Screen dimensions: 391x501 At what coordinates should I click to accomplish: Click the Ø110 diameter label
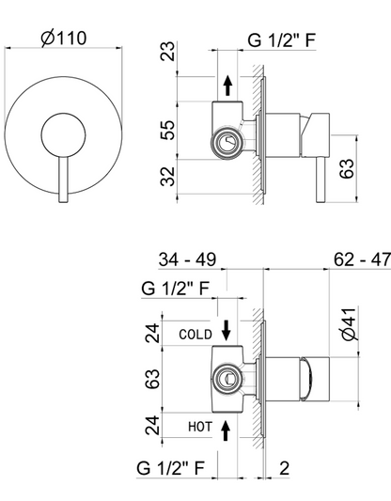click(x=64, y=38)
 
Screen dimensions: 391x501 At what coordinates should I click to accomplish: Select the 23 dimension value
click(x=167, y=51)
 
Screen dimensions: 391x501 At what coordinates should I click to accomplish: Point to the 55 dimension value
click(x=167, y=130)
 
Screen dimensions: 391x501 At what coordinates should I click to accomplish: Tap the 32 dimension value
click(x=167, y=176)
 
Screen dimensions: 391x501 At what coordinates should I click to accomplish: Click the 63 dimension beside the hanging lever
click(x=347, y=168)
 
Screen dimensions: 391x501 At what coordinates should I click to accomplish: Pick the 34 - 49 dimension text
click(x=187, y=259)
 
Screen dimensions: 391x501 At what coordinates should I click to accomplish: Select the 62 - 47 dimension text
click(x=362, y=259)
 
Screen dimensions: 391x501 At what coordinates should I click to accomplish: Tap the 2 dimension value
click(x=284, y=468)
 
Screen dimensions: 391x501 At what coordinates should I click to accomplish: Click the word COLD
click(x=195, y=335)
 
